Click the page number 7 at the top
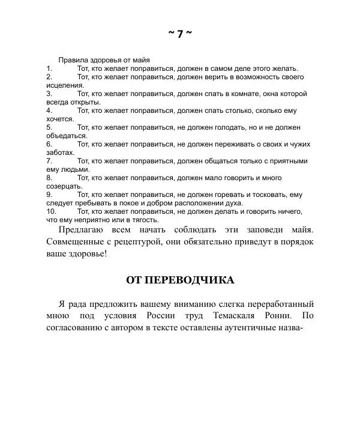click(180, 34)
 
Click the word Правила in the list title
click(71, 60)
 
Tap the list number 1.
click(49, 68)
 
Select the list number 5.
click(49, 127)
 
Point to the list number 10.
click(51, 211)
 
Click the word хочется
click(60, 119)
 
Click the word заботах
click(60, 153)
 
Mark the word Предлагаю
click(83, 230)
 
